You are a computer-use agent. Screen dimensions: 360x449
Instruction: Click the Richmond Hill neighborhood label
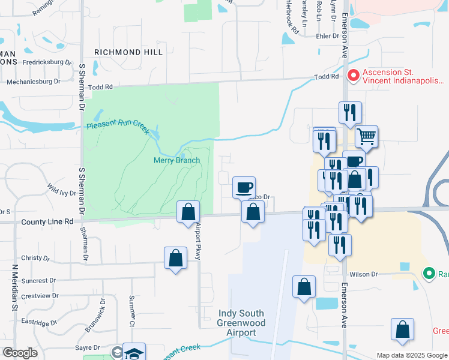click(128, 53)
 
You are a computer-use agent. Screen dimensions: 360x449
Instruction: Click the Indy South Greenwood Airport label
click(237, 323)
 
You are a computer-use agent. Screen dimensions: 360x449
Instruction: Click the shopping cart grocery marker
click(366, 136)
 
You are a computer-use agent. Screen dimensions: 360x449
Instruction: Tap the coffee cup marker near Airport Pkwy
click(244, 187)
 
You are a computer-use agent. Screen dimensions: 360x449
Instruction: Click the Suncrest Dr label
click(38, 280)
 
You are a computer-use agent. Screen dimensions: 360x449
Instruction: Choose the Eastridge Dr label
click(38, 323)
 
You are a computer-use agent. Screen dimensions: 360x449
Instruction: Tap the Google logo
click(20, 353)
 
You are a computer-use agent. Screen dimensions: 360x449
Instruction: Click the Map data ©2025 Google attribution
click(411, 355)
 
